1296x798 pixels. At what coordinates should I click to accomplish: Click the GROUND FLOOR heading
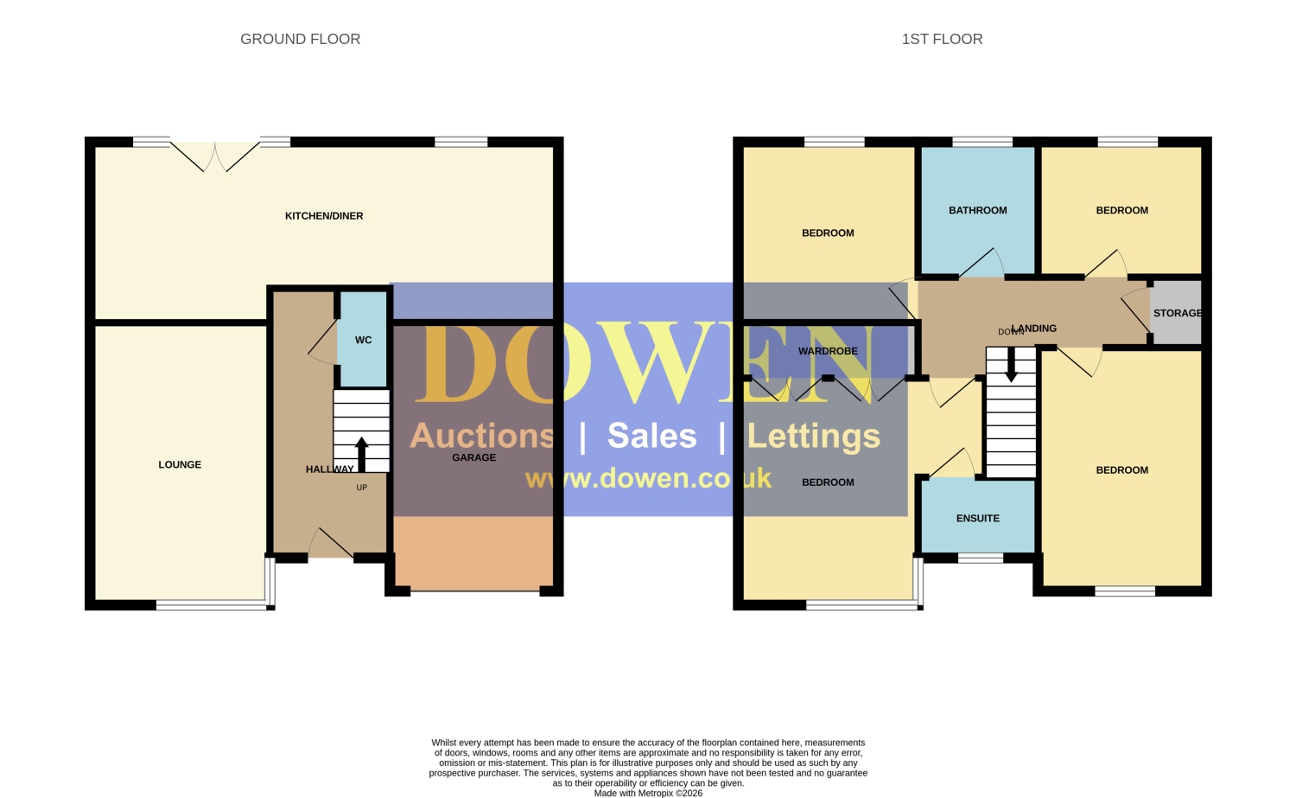click(x=301, y=39)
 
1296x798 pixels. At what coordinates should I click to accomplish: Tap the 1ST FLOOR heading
click(x=942, y=39)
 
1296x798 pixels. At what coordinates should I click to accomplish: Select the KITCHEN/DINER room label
click(x=324, y=216)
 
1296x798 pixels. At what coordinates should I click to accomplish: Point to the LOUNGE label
click(x=180, y=464)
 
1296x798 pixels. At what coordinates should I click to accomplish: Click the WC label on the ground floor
click(x=364, y=340)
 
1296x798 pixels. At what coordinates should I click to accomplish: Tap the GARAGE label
click(x=473, y=457)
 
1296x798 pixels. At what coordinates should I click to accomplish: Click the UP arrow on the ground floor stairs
click(x=362, y=454)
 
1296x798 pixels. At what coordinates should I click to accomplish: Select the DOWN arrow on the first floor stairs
click(x=1011, y=365)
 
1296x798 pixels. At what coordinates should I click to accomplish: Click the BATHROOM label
click(x=978, y=210)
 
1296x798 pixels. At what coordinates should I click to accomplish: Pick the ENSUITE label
click(x=978, y=518)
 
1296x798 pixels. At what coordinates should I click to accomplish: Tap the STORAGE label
click(x=1178, y=313)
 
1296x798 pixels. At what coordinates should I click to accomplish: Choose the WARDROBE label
click(x=828, y=351)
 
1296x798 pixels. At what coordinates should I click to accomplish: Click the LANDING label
click(x=1034, y=329)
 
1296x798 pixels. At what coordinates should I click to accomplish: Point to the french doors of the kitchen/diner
click(x=214, y=156)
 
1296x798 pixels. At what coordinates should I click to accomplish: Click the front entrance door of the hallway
click(x=330, y=543)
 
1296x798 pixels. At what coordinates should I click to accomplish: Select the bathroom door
click(x=982, y=264)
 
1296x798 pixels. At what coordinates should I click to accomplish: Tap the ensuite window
click(x=981, y=559)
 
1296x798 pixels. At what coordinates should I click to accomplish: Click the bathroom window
click(x=982, y=142)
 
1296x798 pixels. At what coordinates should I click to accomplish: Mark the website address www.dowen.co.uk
click(x=648, y=479)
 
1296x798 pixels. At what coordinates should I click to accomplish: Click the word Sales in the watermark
click(x=652, y=436)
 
